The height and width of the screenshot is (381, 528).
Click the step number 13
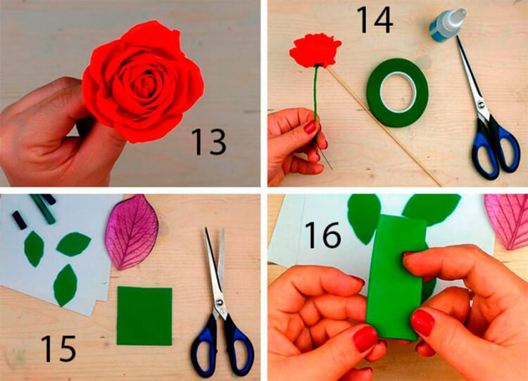click(x=209, y=142)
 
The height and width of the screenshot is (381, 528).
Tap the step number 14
click(x=375, y=20)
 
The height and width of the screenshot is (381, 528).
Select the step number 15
click(x=58, y=349)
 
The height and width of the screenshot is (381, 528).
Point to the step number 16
click(x=323, y=235)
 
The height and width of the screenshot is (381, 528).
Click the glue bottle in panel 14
click(x=447, y=25)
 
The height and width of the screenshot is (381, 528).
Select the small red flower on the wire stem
click(x=315, y=51)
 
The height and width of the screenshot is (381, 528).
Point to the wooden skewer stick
click(x=384, y=126)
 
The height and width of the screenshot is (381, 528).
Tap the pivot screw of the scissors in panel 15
click(x=220, y=304)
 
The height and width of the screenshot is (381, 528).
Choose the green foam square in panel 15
click(x=144, y=316)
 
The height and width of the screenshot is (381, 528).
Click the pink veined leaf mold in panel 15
click(x=132, y=232)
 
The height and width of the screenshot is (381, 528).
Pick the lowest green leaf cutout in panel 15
click(x=65, y=285)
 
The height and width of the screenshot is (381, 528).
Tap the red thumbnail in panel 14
click(x=310, y=127)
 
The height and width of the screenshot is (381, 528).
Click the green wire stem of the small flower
click(x=316, y=101)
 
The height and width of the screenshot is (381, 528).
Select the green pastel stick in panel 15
click(x=42, y=209)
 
